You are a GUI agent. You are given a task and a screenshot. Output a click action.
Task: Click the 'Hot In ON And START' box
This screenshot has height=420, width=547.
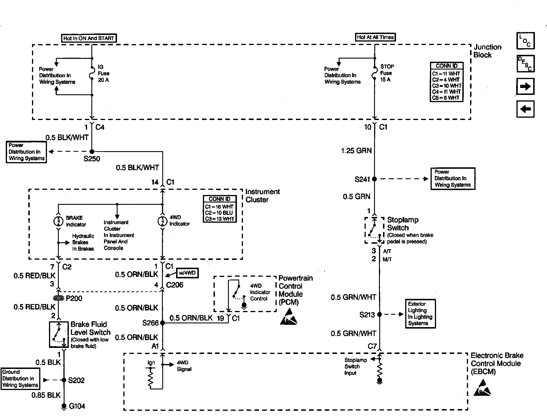click(x=89, y=38)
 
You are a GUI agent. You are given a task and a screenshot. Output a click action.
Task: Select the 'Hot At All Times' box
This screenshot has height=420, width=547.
click(x=375, y=37)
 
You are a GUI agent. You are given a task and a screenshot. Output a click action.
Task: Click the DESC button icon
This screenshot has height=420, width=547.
click(x=525, y=63)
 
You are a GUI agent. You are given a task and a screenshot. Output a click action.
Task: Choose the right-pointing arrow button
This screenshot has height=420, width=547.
click(x=525, y=86)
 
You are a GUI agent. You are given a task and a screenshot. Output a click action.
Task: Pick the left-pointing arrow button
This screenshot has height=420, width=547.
click(x=525, y=109)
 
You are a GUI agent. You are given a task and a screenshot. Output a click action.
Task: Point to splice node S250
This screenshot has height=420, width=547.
click(x=92, y=151)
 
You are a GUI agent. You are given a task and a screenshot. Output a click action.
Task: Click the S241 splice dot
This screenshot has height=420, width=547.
click(x=374, y=179)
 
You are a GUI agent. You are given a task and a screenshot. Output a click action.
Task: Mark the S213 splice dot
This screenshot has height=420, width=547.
click(x=380, y=314)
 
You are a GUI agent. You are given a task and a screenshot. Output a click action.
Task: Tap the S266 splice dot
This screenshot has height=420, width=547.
click(x=162, y=323)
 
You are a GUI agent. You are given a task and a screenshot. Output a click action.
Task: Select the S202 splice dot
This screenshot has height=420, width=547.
click(x=64, y=380)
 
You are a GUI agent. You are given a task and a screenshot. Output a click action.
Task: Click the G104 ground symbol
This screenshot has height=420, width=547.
click(x=64, y=406)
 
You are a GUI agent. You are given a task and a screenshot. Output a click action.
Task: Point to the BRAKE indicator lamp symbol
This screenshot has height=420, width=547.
click(x=58, y=221)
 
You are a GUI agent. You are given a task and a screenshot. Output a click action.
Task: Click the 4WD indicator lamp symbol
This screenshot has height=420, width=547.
click(x=162, y=221)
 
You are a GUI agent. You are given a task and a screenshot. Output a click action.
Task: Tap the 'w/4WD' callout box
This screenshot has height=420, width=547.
click(x=187, y=273)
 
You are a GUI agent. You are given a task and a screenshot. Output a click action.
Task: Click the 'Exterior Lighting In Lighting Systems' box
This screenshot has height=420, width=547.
click(x=420, y=314)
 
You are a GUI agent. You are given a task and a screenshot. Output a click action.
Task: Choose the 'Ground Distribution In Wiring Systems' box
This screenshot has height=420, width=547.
click(x=20, y=379)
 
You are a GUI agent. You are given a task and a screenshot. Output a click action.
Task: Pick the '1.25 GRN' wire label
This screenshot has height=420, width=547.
click(x=356, y=151)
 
